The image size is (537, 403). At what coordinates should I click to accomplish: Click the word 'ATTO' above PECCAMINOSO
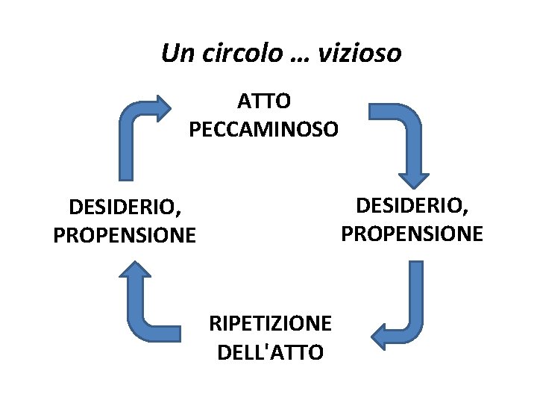pyautogui.click(x=264, y=100)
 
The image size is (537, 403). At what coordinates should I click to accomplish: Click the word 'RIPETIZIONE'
pyautogui.click(x=271, y=323)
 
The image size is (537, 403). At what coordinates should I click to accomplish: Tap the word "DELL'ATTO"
pyautogui.click(x=271, y=352)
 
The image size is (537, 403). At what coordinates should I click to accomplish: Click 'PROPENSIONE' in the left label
pyautogui.click(x=125, y=236)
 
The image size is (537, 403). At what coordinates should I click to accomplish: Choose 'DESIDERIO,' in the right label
pyautogui.click(x=412, y=204)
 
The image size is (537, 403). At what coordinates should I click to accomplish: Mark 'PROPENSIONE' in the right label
pyautogui.click(x=412, y=234)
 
